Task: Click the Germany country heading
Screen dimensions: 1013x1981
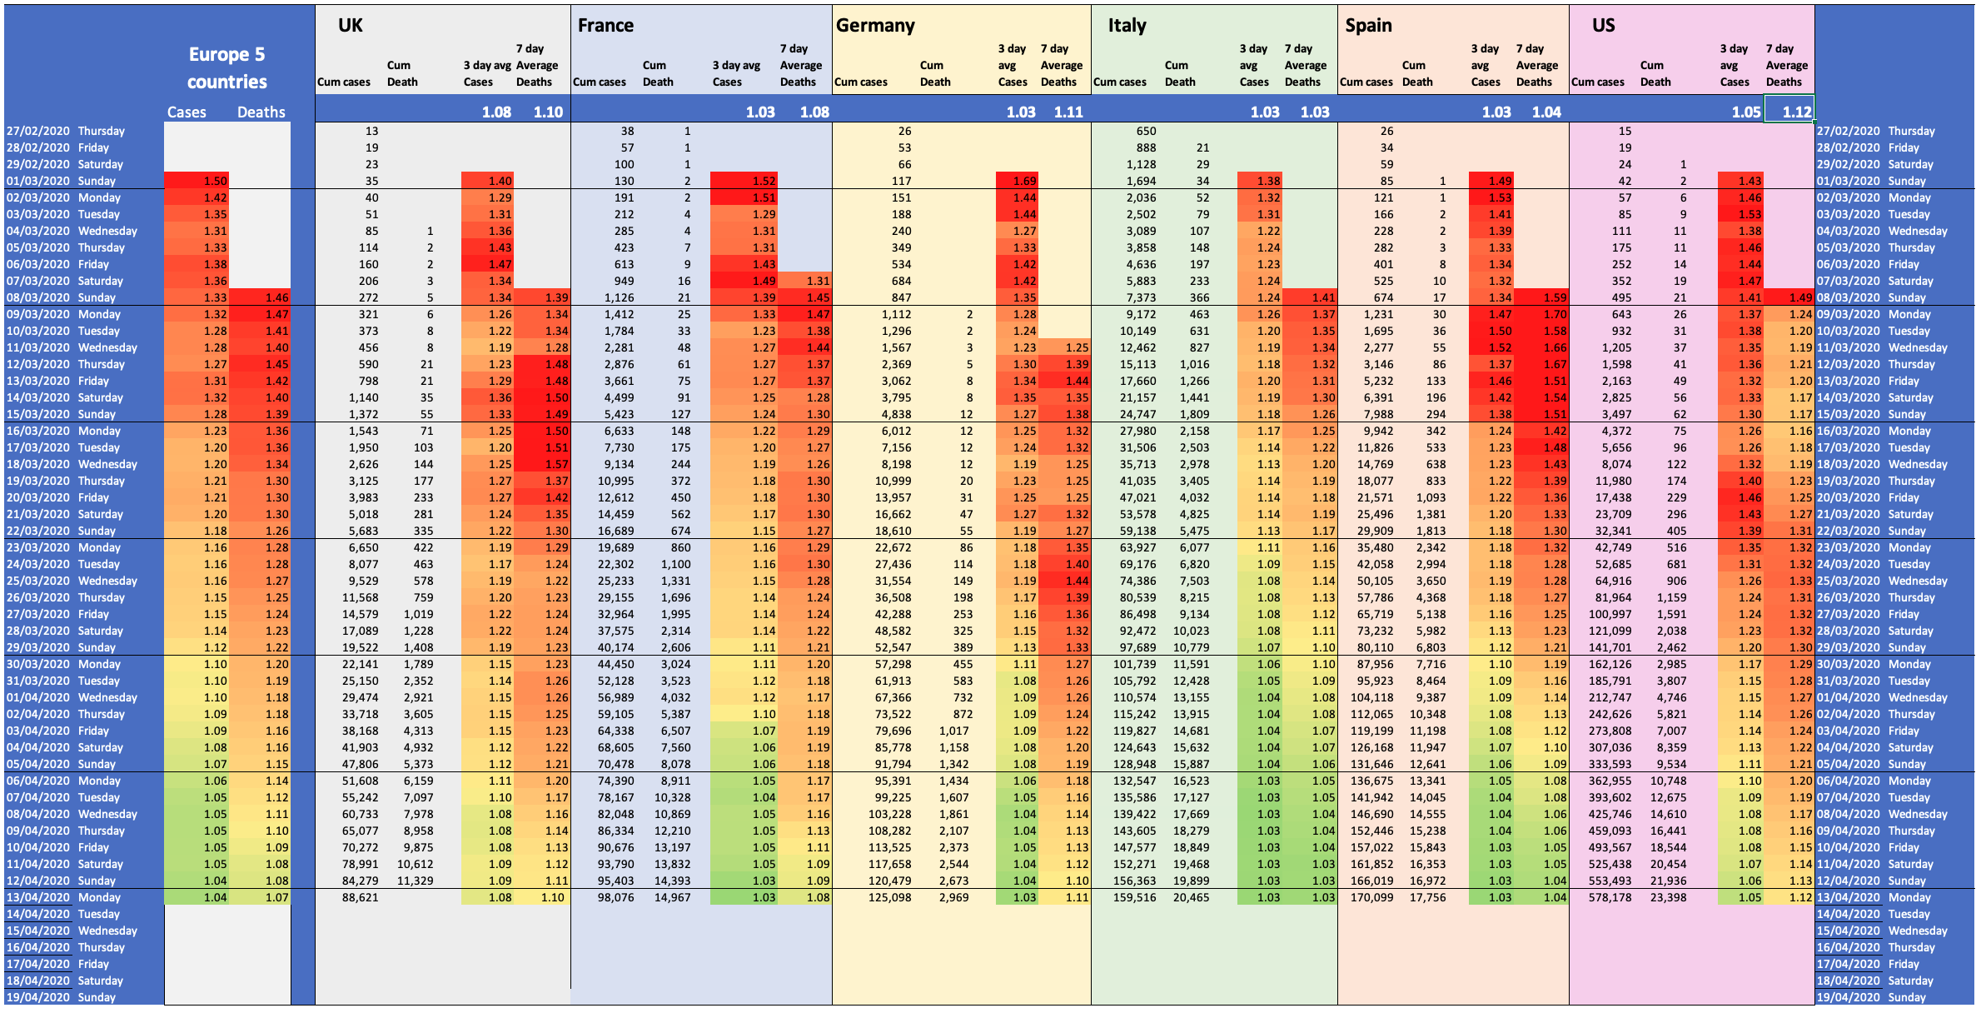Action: click(874, 26)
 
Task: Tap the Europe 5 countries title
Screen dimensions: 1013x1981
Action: click(226, 68)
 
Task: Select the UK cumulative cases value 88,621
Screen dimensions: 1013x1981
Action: click(360, 897)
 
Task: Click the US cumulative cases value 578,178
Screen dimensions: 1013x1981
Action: click(1610, 897)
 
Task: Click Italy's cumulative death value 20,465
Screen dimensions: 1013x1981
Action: click(1191, 897)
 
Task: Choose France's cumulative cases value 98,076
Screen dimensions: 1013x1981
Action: click(615, 897)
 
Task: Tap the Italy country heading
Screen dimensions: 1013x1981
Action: click(1127, 26)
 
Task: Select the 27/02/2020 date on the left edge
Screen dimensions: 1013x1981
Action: click(37, 131)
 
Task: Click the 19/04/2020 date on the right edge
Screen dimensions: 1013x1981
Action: click(1848, 997)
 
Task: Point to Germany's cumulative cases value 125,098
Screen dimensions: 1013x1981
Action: click(889, 897)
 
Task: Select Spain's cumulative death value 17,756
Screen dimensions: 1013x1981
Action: click(1427, 897)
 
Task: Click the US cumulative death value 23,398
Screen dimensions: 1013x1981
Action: click(1668, 897)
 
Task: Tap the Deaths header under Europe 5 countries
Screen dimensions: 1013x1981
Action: click(261, 112)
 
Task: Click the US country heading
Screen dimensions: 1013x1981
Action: click(1603, 26)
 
